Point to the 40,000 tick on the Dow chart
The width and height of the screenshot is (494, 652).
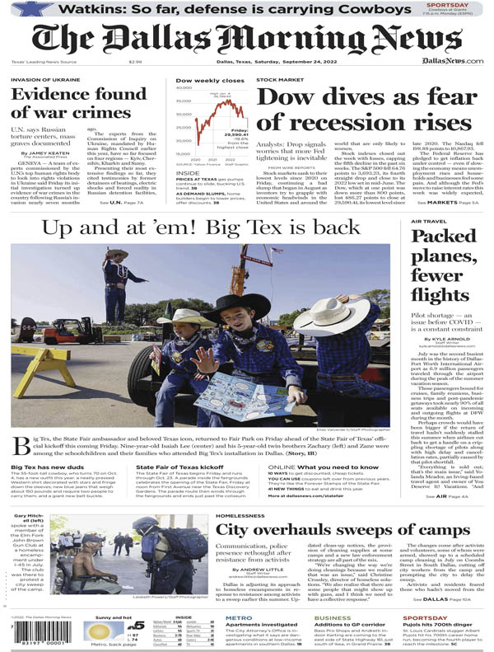184,87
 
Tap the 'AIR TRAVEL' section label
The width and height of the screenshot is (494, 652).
426,221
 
